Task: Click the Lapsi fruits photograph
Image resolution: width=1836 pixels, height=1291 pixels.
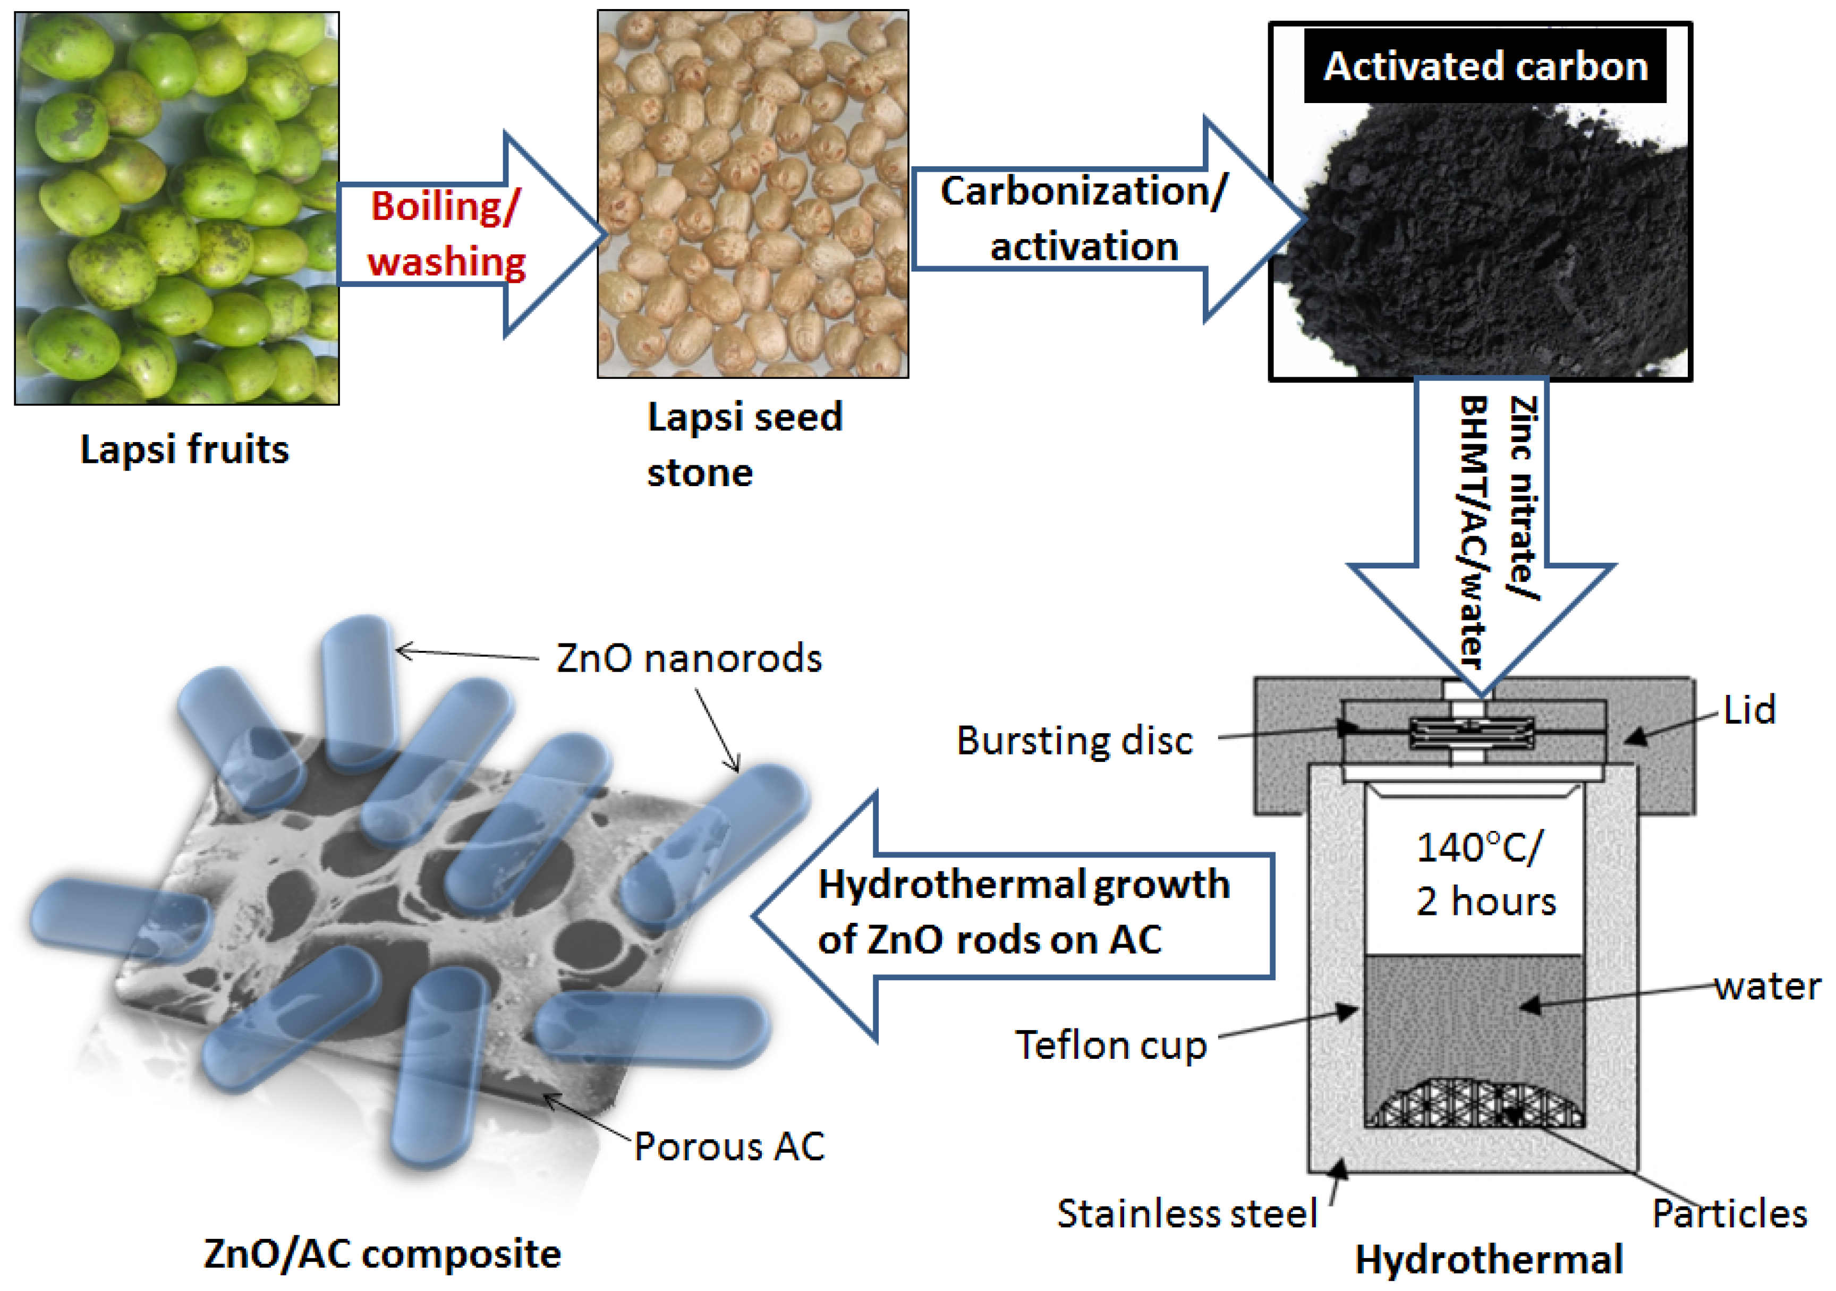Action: coord(177,208)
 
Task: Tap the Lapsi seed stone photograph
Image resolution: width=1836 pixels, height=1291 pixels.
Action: coord(752,193)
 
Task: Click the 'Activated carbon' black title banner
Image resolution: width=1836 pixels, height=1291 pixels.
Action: coord(1485,65)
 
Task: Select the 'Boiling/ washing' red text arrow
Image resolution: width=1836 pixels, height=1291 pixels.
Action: coord(446,234)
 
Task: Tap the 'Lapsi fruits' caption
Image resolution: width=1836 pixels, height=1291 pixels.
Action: coord(185,449)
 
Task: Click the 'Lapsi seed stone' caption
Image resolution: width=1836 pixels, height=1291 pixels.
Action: coord(744,444)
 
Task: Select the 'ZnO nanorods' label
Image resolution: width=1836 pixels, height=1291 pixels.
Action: coord(688,658)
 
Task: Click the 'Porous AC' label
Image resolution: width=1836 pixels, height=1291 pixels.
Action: coord(728,1146)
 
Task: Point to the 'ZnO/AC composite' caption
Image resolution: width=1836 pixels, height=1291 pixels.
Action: coord(382,1253)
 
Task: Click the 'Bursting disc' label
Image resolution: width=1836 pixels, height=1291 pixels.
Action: coord(1074,740)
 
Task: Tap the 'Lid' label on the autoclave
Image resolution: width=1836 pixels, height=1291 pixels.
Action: coord(1749,709)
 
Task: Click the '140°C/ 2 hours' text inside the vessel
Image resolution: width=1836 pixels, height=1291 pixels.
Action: coord(1485,874)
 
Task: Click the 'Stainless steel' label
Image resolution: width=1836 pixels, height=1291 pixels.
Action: coord(1187,1213)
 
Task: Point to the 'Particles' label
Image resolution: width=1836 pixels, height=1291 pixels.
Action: coord(1729,1213)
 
